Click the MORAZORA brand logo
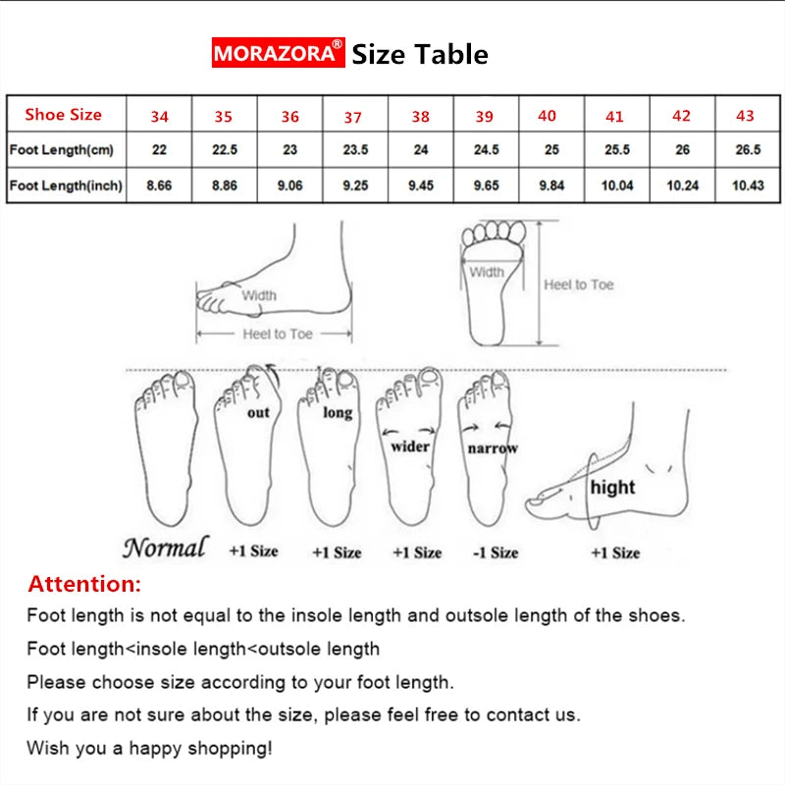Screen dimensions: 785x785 tap(279, 52)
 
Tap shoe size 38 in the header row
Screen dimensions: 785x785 tap(420, 117)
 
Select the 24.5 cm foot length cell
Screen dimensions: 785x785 tap(486, 150)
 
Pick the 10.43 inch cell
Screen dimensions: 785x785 tap(748, 185)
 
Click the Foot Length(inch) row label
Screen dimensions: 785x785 tap(66, 185)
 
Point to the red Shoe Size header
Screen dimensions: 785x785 tap(64, 115)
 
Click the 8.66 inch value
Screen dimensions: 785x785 tap(159, 185)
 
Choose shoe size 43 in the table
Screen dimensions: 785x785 tap(745, 116)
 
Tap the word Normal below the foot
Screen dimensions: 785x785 tap(165, 548)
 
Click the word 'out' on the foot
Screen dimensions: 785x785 tap(258, 413)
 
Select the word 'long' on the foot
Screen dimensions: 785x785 tap(338, 413)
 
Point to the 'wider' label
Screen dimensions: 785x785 tap(411, 446)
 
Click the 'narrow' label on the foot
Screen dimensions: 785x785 tap(492, 448)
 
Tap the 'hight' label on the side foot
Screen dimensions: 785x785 tap(612, 487)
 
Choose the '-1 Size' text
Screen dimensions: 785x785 tap(496, 552)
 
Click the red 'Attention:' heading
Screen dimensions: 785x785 tap(84, 585)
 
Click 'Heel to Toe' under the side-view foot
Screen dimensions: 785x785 tap(278, 335)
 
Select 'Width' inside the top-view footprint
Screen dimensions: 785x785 tap(486, 272)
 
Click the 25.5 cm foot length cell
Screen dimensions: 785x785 tap(616, 150)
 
